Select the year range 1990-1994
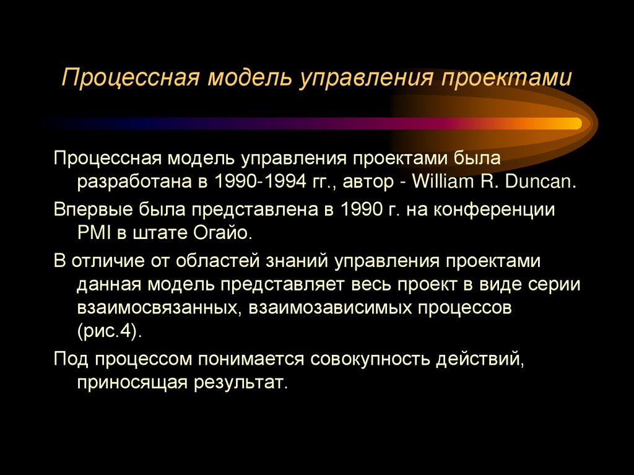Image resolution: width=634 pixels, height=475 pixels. [263, 182]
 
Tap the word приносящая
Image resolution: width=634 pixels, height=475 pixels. [132, 382]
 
